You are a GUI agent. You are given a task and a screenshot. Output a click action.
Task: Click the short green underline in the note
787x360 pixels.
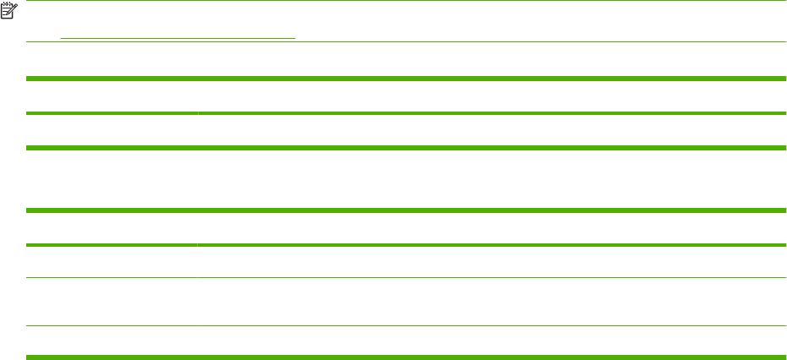(178, 38)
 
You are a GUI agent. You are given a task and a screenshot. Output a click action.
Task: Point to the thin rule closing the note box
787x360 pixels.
(406, 42)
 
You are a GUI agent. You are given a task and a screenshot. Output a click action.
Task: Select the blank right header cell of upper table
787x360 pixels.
(491, 96)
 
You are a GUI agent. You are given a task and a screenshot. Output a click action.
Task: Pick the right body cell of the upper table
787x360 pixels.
(491, 131)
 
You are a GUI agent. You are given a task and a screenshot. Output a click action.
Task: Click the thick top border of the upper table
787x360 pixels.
(406, 79)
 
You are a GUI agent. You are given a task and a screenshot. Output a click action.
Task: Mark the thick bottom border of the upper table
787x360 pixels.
(406, 148)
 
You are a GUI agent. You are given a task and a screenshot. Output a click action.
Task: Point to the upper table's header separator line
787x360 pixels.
(406, 113)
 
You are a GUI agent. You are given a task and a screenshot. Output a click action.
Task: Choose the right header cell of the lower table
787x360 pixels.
(491, 228)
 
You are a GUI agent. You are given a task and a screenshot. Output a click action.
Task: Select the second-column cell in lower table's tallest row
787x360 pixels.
(491, 302)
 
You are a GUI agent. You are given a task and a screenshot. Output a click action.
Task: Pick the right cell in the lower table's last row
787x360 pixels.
(491, 342)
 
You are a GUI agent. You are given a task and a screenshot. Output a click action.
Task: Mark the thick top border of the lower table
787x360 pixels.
(406, 210)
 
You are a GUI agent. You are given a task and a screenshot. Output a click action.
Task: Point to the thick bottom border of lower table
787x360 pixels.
(406, 357)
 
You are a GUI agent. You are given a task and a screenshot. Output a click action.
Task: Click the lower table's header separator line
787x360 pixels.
(406, 245)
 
